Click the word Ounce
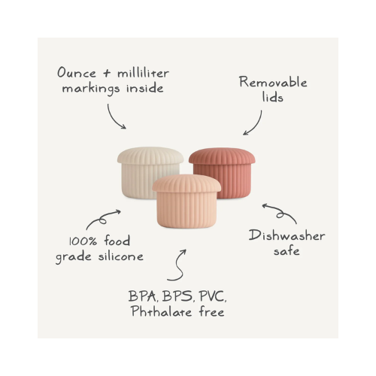(77, 72)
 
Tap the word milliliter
(143, 73)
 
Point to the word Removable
(273, 82)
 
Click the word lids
(273, 97)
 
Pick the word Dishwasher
(287, 235)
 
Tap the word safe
(287, 250)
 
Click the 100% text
(83, 241)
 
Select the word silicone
(121, 256)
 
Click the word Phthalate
(161, 311)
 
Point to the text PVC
(213, 296)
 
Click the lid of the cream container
(150, 156)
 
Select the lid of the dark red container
(222, 156)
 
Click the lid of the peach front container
(186, 183)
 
